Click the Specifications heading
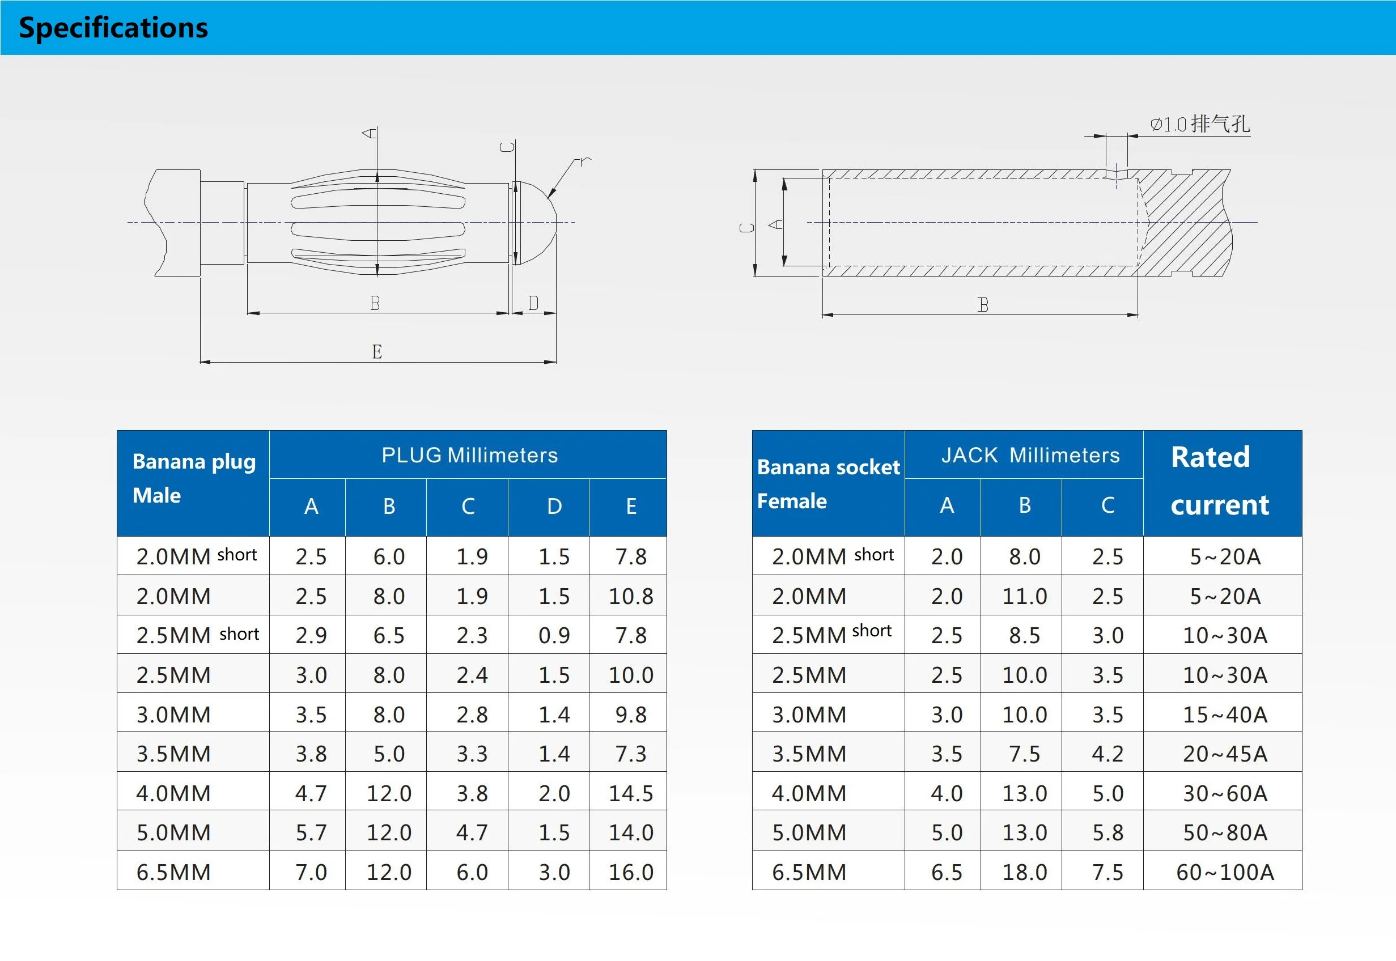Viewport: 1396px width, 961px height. tap(113, 28)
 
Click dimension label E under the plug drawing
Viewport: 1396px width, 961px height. tap(376, 352)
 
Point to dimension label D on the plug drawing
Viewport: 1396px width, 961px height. tap(533, 303)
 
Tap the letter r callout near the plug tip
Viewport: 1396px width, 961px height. tap(583, 161)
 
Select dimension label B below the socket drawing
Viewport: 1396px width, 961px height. tap(983, 305)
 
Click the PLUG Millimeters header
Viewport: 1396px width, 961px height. tap(469, 455)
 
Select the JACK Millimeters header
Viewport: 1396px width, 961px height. tap(1030, 455)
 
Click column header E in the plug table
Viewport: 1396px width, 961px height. tap(630, 507)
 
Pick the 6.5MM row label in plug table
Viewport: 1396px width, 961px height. tap(173, 872)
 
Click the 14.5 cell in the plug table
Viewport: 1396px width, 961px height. tap(630, 793)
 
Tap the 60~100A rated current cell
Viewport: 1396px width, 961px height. tap(1224, 872)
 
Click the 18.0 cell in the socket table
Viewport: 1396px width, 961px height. tap(1024, 872)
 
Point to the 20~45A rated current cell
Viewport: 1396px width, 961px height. tap(1224, 754)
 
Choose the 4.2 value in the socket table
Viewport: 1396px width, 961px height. tap(1107, 754)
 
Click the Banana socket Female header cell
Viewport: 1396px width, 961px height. tap(828, 483)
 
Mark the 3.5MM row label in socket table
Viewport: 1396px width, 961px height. tap(809, 754)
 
